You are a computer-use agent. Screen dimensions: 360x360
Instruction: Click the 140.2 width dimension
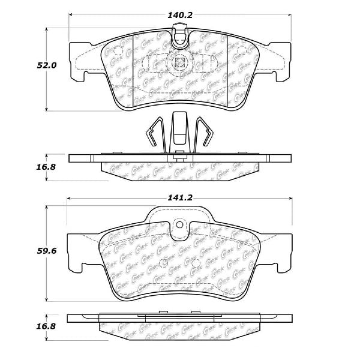point(179,10)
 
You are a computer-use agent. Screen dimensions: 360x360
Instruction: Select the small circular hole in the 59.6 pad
point(178,226)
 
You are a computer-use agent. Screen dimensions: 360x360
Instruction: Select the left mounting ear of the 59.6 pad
point(79,252)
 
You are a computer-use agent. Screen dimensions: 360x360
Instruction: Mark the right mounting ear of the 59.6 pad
point(279,252)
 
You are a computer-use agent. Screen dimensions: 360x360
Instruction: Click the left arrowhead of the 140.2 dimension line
point(71,15)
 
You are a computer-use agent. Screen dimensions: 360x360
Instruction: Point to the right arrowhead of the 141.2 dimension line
point(289,197)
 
